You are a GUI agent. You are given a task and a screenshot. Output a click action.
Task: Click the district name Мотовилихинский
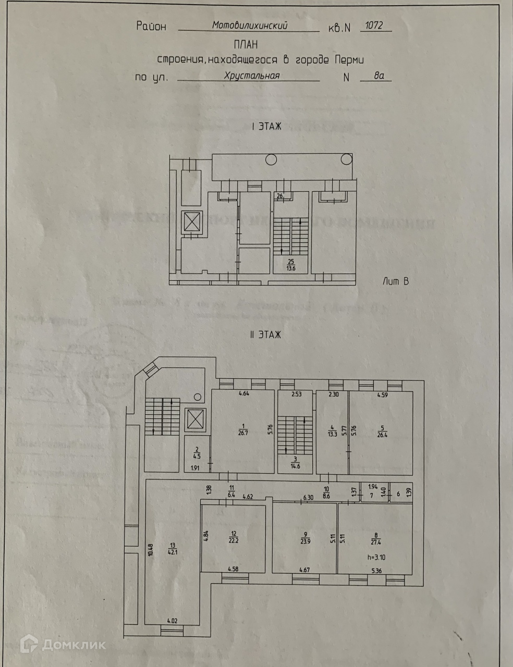click(x=249, y=24)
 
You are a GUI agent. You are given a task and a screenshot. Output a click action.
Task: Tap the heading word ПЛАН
click(x=246, y=45)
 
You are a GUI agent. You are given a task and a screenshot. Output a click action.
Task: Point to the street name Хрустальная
click(x=252, y=76)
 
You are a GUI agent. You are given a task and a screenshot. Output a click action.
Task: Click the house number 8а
click(x=379, y=76)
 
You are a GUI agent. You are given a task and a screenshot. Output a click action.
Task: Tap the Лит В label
click(x=395, y=281)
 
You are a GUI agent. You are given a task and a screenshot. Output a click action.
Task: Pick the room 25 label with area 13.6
click(x=291, y=265)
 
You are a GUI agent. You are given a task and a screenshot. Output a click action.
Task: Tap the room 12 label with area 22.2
click(x=233, y=536)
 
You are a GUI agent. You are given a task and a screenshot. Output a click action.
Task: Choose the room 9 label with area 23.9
click(x=304, y=537)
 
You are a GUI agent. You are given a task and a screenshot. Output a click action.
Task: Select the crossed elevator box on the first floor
click(x=190, y=222)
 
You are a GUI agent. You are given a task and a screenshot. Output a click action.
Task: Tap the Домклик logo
click(x=63, y=645)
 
